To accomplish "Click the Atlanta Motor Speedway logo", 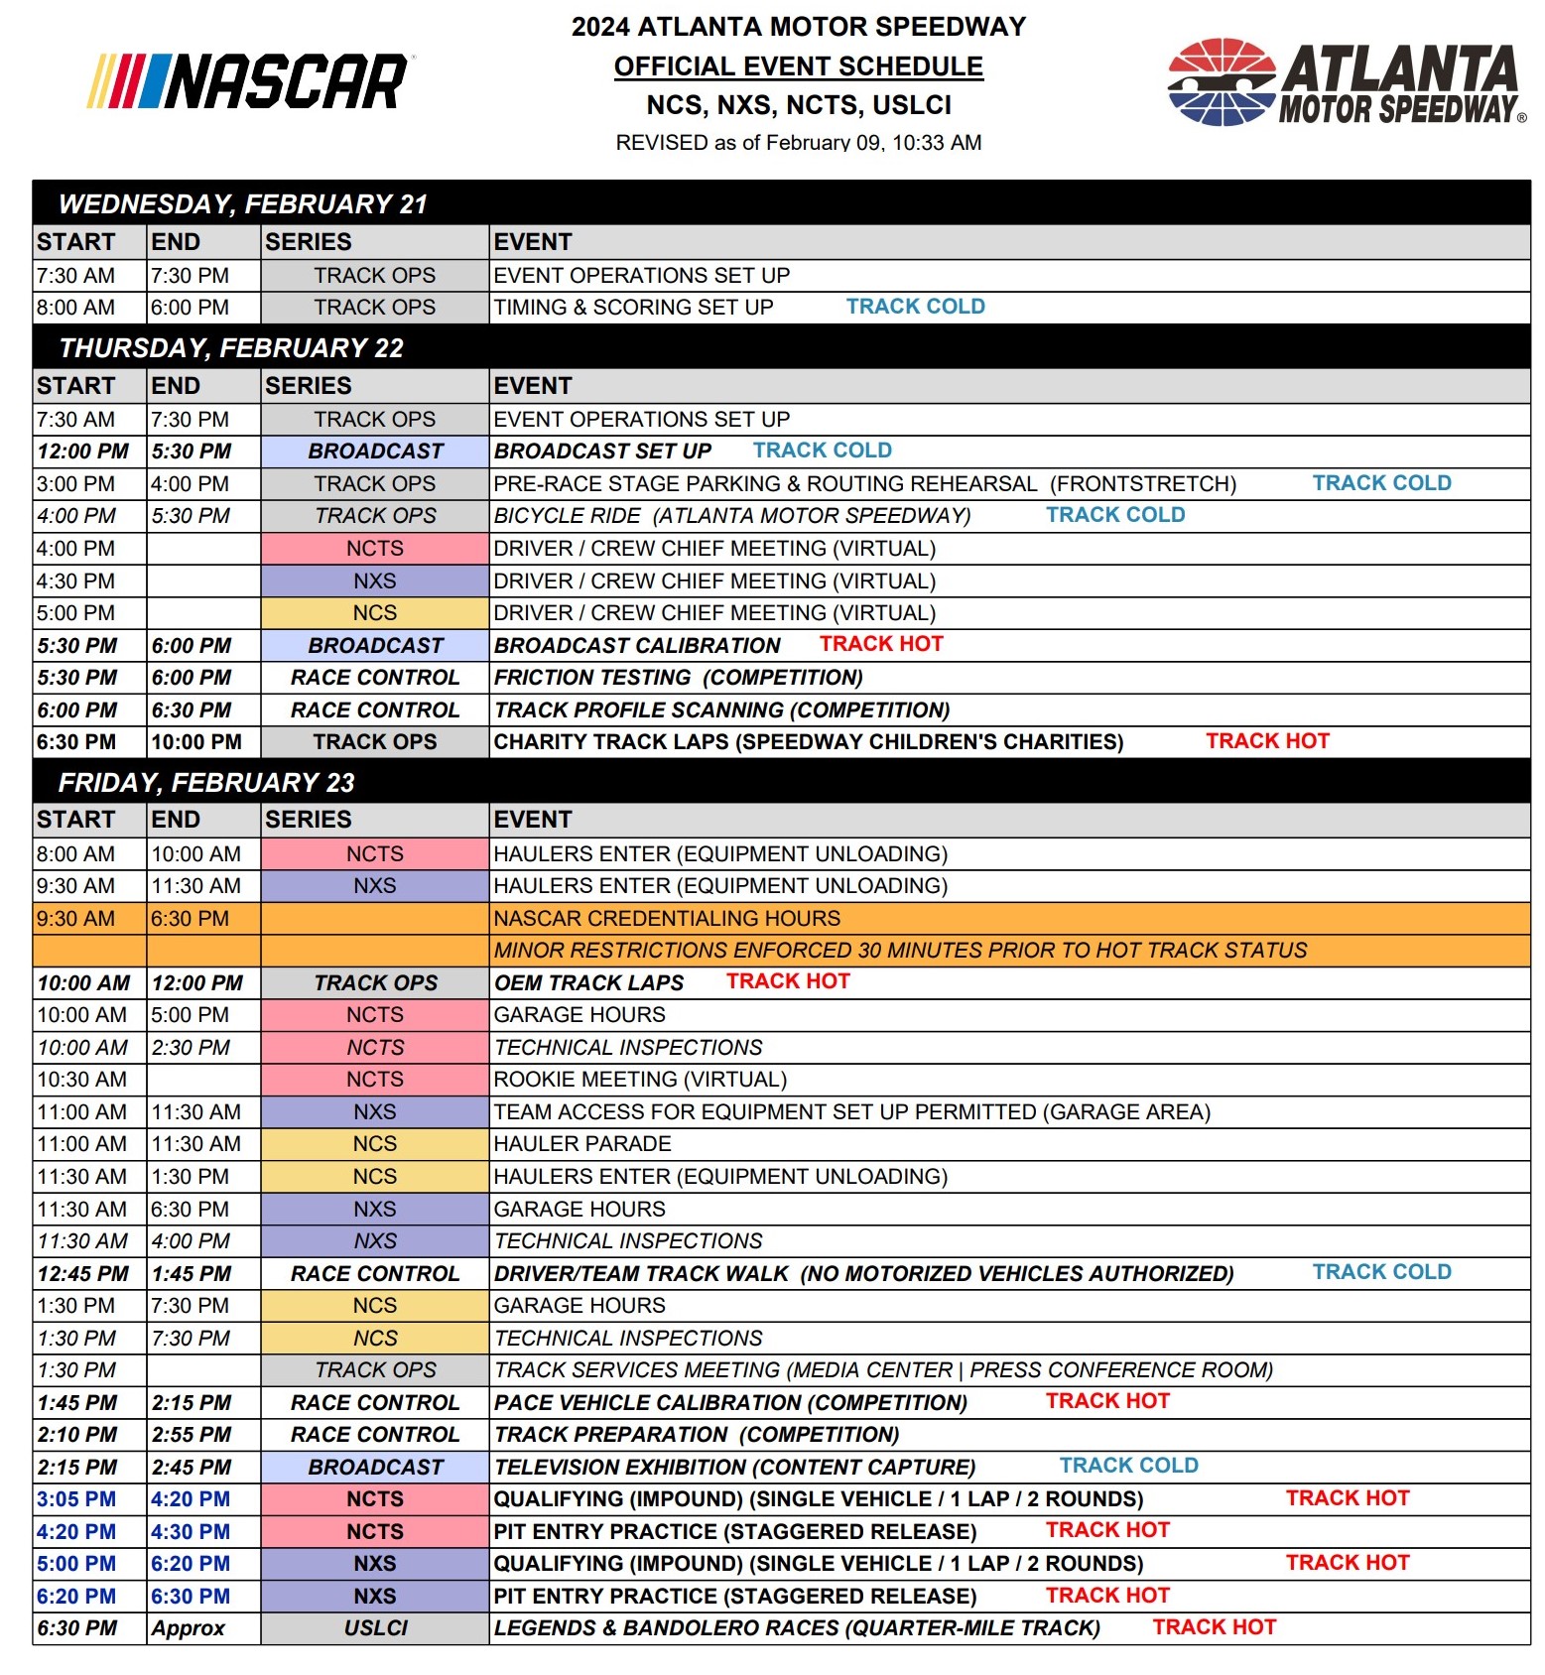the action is [x=1346, y=83].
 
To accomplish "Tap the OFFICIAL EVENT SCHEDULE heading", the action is [x=798, y=66].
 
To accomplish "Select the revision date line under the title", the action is [x=798, y=143].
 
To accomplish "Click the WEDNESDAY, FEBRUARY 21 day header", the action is [x=243, y=204].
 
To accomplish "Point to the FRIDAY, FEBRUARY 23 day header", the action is [x=206, y=783].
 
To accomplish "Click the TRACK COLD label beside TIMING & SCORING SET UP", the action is [x=915, y=307].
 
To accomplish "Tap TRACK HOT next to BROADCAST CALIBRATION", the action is [x=881, y=644].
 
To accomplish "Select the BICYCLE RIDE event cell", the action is [x=732, y=516].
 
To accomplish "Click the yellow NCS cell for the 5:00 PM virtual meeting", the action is [x=374, y=613].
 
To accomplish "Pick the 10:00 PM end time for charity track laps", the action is [x=196, y=742].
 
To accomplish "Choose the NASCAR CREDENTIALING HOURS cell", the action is [x=667, y=919].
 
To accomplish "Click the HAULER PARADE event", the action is [x=582, y=1144].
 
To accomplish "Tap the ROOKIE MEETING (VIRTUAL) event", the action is [x=640, y=1080].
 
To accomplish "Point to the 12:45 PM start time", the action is [x=83, y=1274].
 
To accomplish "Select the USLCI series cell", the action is [x=375, y=1628].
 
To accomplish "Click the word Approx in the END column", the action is [x=189, y=1628].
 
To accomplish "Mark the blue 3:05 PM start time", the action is [x=76, y=1499].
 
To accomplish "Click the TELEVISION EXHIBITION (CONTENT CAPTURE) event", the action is [x=734, y=1468].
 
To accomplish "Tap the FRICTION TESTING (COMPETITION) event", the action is [x=679, y=678].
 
